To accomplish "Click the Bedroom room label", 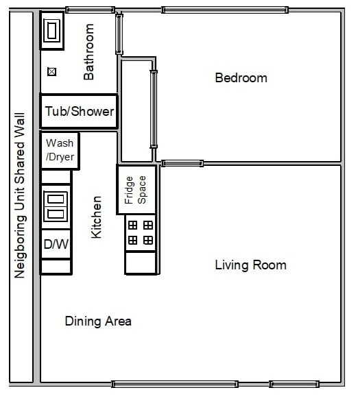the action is click(x=241, y=78).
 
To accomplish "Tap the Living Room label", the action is click(x=251, y=265).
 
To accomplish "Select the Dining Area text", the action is click(x=98, y=321).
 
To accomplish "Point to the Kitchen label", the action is click(x=97, y=217).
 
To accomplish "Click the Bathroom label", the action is click(x=89, y=51).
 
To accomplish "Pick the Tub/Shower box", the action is click(x=80, y=111).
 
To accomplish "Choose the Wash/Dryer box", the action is click(x=60, y=150).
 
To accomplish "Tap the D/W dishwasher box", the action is click(x=56, y=244).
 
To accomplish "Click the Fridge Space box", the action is click(x=136, y=190).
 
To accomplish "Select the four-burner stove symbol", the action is click(x=141, y=233).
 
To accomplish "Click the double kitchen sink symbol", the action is click(x=56, y=207).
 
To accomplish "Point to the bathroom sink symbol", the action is click(x=52, y=31).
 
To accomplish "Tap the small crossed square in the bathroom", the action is click(x=51, y=72).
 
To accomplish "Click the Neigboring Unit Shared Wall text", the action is click(x=19, y=195).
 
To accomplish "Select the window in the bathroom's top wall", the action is click(x=90, y=10).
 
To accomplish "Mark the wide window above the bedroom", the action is click(x=225, y=10).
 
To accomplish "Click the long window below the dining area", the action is click(x=175, y=384).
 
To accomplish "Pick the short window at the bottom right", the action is click(x=294, y=384).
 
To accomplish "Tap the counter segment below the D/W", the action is click(x=56, y=267).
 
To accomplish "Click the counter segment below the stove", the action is click(x=141, y=263).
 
